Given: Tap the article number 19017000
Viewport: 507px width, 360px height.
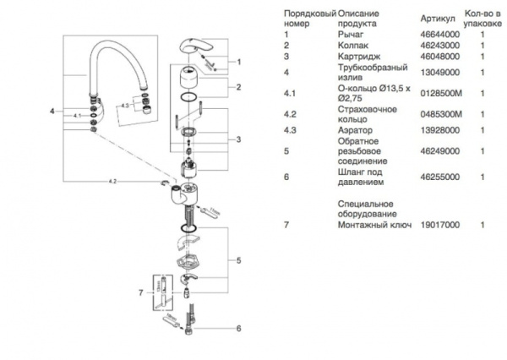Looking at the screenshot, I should click(x=437, y=226).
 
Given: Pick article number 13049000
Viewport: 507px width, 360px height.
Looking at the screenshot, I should click(x=437, y=73).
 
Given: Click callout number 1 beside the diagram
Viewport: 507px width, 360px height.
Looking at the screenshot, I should click(x=239, y=62).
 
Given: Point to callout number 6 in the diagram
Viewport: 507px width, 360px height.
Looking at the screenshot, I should click(x=239, y=328).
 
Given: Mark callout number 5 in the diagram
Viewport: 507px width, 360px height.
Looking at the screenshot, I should click(x=239, y=259).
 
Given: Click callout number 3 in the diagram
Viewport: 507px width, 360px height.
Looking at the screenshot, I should click(x=239, y=139).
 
